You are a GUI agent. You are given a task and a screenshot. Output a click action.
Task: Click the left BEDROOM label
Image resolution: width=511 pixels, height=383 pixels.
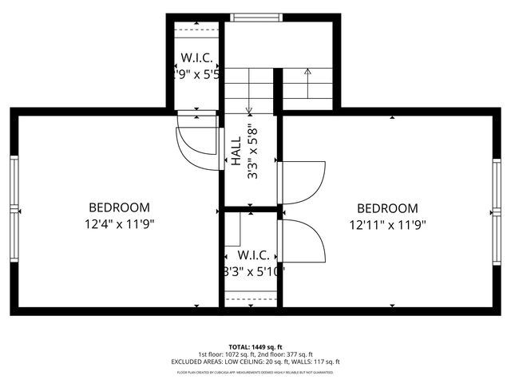[x=119, y=207]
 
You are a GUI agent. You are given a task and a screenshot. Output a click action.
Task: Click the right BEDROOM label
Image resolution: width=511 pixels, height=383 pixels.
[x=388, y=207]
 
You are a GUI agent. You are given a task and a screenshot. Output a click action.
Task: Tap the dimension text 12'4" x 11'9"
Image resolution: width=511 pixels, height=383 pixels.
[x=119, y=224]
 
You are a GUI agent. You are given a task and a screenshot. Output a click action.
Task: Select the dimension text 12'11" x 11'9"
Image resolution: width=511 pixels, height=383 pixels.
[x=388, y=224]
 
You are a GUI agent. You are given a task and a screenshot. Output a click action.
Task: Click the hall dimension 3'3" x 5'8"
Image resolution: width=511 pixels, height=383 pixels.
[x=252, y=150]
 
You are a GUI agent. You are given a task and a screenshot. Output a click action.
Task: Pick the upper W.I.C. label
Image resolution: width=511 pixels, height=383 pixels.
[x=195, y=57]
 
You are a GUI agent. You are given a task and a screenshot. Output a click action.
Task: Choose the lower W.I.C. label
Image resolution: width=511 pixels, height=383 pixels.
[x=252, y=255]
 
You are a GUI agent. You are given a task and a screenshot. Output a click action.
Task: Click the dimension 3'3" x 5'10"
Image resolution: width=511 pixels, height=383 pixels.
[x=252, y=271]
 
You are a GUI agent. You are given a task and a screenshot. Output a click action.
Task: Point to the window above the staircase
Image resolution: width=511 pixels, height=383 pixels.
[x=255, y=17]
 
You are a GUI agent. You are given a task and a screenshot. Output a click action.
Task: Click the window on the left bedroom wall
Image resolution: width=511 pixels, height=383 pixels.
[x=14, y=209]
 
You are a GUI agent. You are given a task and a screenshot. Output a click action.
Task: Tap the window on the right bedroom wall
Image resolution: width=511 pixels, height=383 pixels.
[x=497, y=209]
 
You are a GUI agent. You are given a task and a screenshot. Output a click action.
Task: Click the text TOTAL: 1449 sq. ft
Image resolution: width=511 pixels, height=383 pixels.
[x=255, y=348]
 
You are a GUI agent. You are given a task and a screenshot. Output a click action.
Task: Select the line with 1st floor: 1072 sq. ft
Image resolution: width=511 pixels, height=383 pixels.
[x=255, y=354]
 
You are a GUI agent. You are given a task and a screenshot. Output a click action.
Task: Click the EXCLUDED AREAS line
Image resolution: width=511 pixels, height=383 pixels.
[x=255, y=361]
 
